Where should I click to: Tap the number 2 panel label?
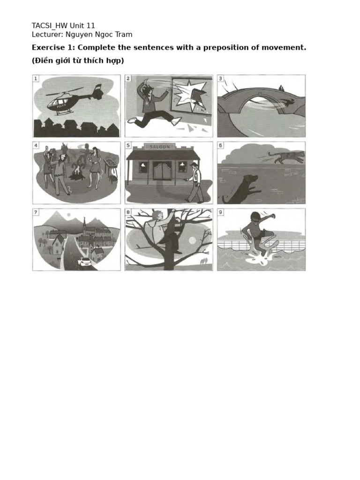(128, 78)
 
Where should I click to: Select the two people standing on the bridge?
(281, 88)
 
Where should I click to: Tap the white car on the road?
(84, 261)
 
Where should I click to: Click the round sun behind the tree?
(192, 240)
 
